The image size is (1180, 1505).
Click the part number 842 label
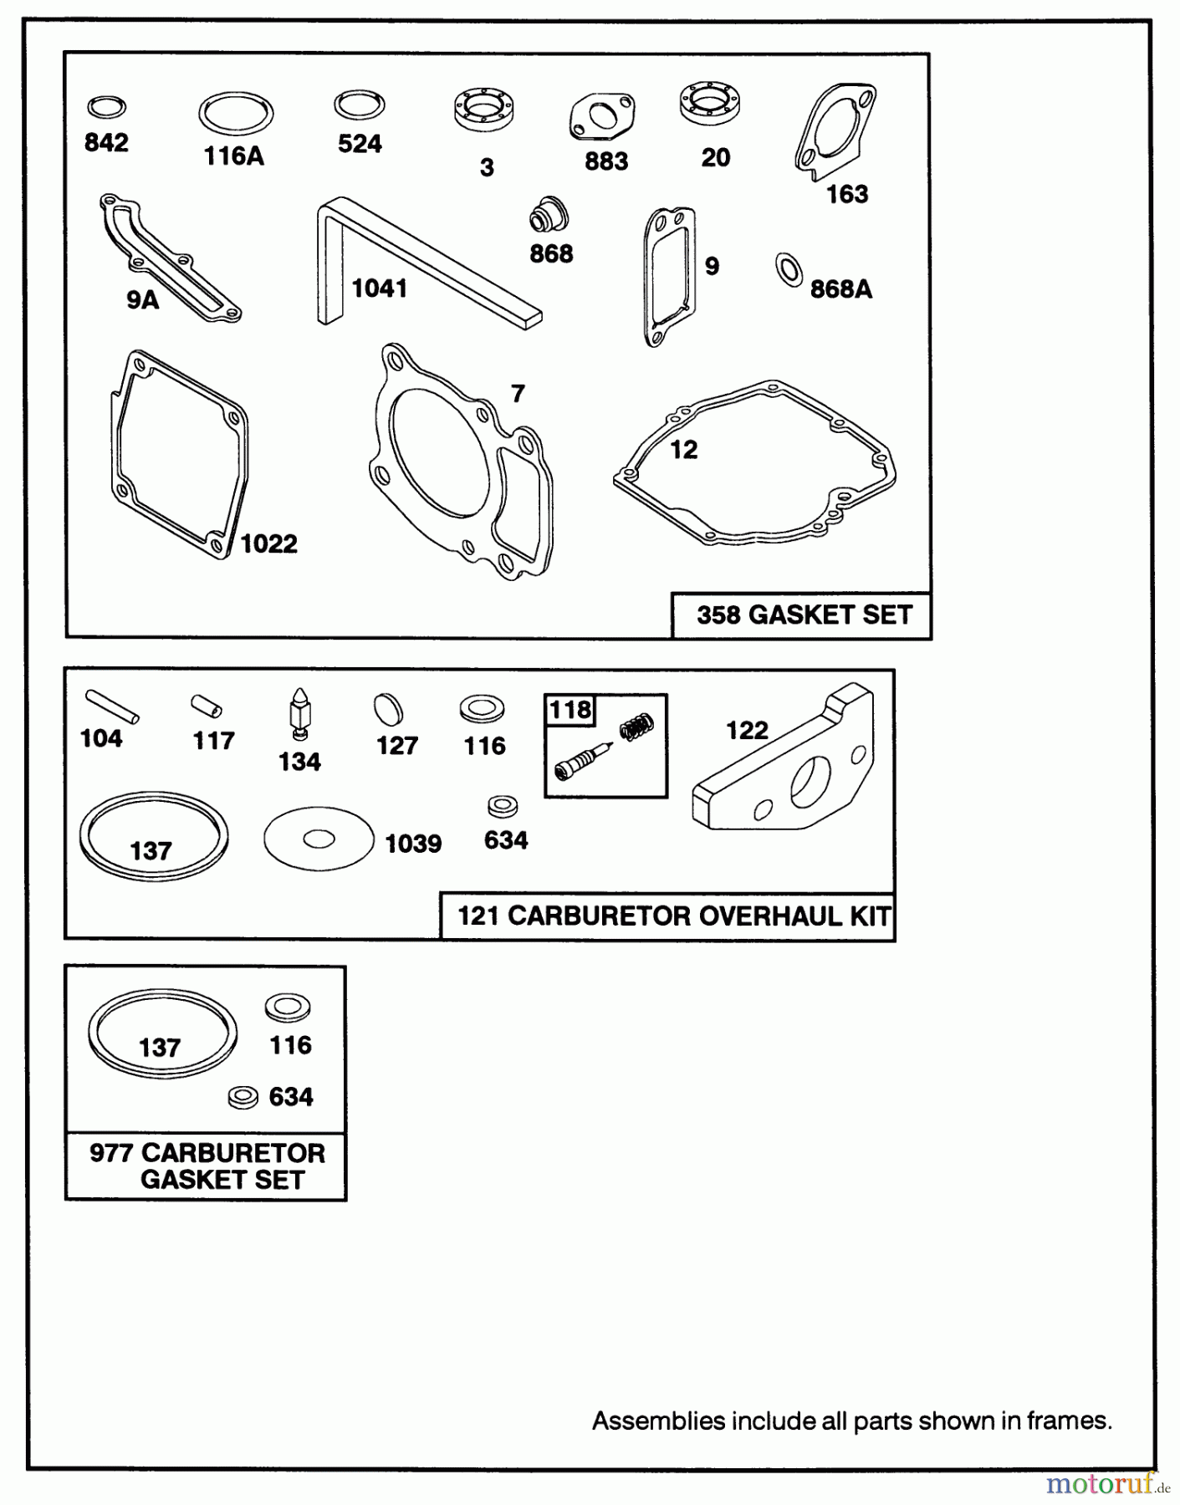tap(106, 143)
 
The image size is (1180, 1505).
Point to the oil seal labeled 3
tap(483, 111)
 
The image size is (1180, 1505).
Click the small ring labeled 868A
tap(788, 269)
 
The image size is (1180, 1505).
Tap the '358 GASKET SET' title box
tap(803, 615)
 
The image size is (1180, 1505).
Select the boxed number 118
tap(570, 710)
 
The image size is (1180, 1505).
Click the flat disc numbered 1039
tap(319, 839)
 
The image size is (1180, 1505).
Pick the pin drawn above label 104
tap(111, 705)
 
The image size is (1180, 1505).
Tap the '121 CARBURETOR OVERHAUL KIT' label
tap(672, 916)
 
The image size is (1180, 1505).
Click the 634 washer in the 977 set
tap(243, 1097)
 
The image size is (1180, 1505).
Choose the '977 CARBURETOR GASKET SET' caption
tap(207, 1166)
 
